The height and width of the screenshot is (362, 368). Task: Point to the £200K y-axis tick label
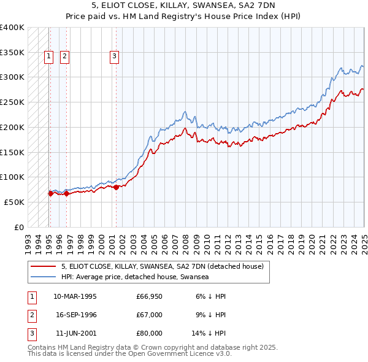(x=12, y=127)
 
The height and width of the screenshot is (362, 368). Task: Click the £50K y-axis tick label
(x=14, y=202)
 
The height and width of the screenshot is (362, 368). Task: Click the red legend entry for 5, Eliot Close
(x=162, y=266)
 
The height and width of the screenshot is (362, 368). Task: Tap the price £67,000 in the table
(x=150, y=315)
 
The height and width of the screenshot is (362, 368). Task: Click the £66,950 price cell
(x=150, y=297)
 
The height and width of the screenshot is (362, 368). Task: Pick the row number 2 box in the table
(x=31, y=315)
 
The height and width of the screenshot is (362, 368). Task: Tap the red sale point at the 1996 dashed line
(x=66, y=194)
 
